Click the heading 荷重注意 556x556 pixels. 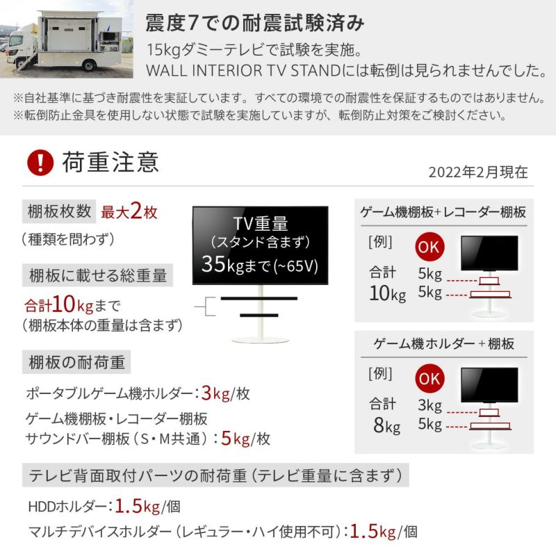click(111, 163)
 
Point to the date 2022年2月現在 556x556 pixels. click(478, 172)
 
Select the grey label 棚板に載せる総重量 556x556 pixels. click(98, 275)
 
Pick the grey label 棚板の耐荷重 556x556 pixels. click(76, 362)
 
